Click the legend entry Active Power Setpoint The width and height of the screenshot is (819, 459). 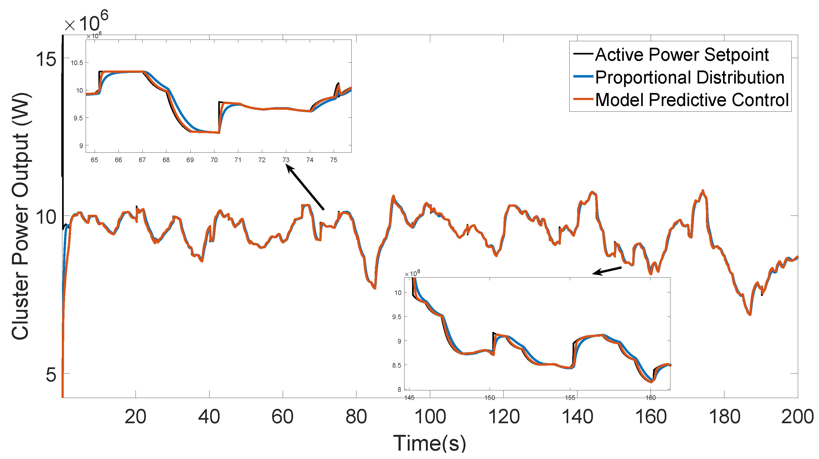coord(681,55)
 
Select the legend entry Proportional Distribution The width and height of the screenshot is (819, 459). coord(689,78)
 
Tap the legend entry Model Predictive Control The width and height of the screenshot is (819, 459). coord(692,100)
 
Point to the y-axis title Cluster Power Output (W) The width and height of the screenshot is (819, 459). coord(20,216)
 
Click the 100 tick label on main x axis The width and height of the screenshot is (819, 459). coord(430,417)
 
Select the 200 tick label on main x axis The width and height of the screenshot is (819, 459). coord(797,417)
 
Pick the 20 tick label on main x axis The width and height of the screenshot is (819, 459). coord(136,417)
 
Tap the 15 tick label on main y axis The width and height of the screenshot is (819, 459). coord(46,59)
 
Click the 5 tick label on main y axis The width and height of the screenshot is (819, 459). coord(51,375)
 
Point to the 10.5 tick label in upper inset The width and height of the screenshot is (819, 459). coord(77,63)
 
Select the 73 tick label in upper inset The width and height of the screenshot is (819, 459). coord(286,160)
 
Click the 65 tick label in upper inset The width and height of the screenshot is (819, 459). coord(94,160)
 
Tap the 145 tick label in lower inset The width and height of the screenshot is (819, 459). coord(409,398)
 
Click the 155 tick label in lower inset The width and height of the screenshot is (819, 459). coord(570,398)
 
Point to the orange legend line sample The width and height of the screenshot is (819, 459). coord(583,99)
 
